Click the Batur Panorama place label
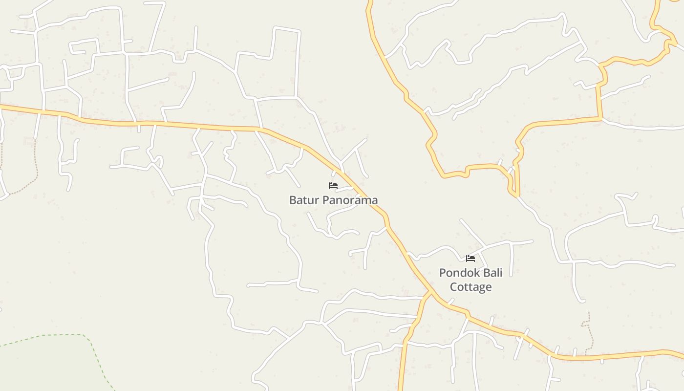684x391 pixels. coord(333,200)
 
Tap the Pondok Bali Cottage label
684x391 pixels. coord(470,280)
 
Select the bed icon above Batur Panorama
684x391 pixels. coord(333,186)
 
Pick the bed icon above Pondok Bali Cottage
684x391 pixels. coord(470,258)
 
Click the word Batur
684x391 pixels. coord(301,200)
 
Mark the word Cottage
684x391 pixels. coord(470,287)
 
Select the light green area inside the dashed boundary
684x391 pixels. coord(39,367)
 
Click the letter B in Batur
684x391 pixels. coord(293,200)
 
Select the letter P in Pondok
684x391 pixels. coord(443,273)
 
